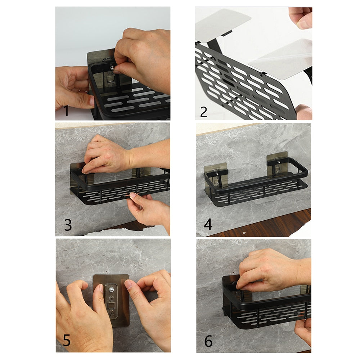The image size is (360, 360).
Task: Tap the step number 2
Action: tap(204, 112)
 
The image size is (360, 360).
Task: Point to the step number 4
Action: tap(208, 224)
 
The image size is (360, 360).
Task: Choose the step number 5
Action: tap(67, 340)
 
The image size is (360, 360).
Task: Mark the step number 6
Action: tap(208, 341)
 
